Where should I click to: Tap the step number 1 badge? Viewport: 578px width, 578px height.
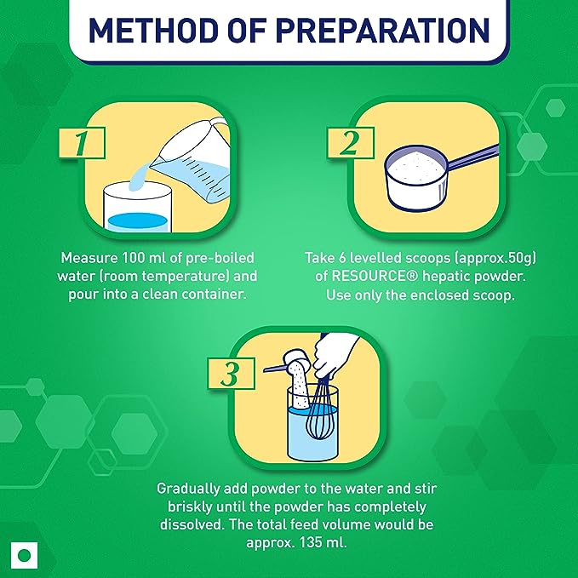pyautogui.click(x=82, y=143)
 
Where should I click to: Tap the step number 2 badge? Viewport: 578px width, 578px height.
pyautogui.click(x=351, y=143)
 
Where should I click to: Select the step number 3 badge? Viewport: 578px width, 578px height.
pyautogui.click(x=232, y=373)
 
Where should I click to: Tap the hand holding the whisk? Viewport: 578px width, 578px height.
pyautogui.click(x=335, y=356)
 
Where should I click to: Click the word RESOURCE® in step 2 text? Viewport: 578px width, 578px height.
pyautogui.click(x=375, y=277)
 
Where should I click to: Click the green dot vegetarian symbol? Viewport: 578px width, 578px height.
pyautogui.click(x=25, y=556)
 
